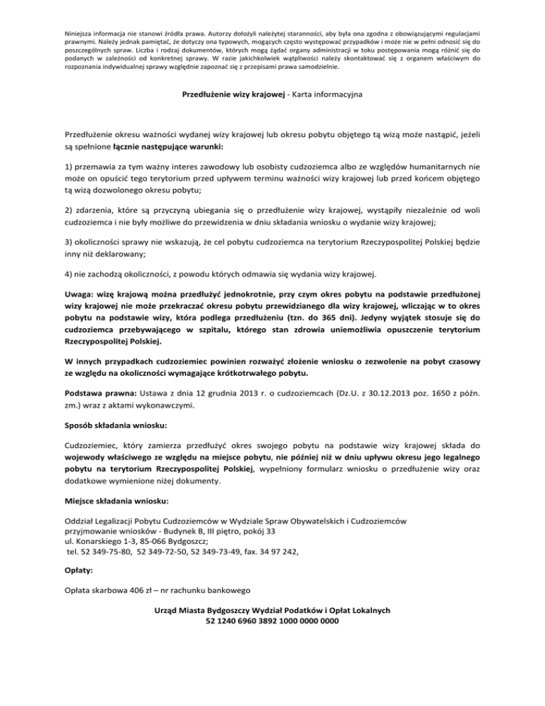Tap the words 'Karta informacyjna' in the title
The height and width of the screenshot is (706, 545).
pyautogui.click(x=329, y=92)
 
